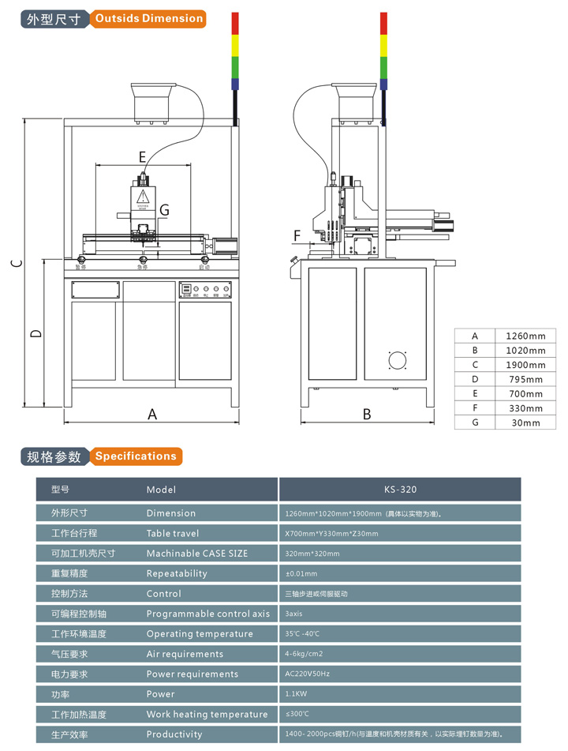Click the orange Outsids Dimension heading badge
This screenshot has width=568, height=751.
click(148, 18)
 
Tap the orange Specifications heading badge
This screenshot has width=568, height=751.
click(136, 456)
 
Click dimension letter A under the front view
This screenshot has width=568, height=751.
click(153, 414)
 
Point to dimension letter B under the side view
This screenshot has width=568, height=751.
click(367, 414)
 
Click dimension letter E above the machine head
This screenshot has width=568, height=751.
click(143, 156)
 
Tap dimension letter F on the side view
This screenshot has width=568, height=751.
click(297, 235)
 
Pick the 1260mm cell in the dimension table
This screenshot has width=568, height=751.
click(525, 336)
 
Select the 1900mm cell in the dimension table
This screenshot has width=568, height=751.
click(525, 365)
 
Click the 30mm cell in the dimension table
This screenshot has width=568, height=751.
click(525, 422)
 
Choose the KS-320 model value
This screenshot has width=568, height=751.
click(400, 490)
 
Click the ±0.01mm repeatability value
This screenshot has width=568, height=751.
click(301, 573)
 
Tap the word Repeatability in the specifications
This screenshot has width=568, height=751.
click(177, 573)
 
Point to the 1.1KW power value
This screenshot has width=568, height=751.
click(297, 694)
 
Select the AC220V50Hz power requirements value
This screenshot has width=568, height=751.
click(307, 674)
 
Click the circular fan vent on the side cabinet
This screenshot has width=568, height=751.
click(397, 361)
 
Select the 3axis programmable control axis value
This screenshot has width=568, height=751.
click(294, 614)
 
